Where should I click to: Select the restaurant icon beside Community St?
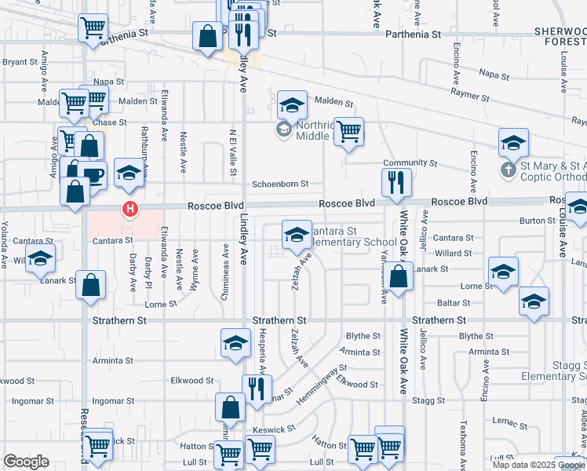click(x=395, y=182)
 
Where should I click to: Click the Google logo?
click(x=26, y=462)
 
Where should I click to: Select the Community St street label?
click(x=410, y=162)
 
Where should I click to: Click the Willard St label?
click(x=453, y=254)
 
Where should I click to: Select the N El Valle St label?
click(x=233, y=153)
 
